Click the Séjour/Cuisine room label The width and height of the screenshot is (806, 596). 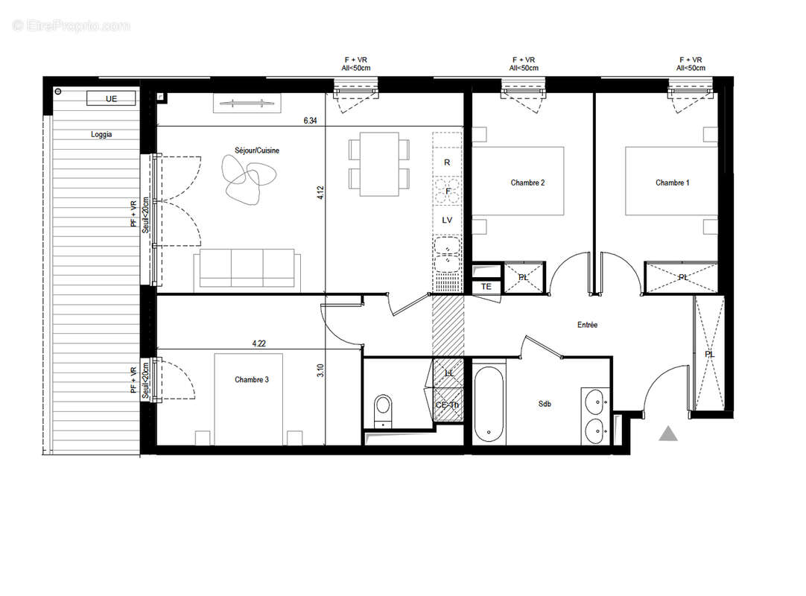pyautogui.click(x=255, y=150)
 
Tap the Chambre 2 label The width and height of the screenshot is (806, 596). pyautogui.click(x=527, y=183)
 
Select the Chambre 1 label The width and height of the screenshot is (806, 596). pyautogui.click(x=672, y=183)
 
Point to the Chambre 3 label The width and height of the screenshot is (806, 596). pyautogui.click(x=252, y=380)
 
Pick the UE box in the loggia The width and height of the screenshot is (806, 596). pyautogui.click(x=112, y=98)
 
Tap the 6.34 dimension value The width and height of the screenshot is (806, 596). pyautogui.click(x=311, y=119)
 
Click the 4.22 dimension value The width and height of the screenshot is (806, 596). pyautogui.click(x=258, y=343)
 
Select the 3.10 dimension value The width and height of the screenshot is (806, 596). pyautogui.click(x=320, y=370)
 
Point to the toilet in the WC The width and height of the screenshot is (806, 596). pyautogui.click(x=383, y=408)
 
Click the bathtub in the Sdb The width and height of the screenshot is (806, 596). pyautogui.click(x=489, y=402)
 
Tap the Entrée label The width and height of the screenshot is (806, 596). pyautogui.click(x=587, y=325)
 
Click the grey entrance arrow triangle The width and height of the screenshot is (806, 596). pyautogui.click(x=668, y=434)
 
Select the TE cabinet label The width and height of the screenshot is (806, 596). pyautogui.click(x=486, y=287)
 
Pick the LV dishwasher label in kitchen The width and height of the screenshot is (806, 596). pyautogui.click(x=448, y=220)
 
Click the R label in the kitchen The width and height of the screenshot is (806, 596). pyautogui.click(x=447, y=162)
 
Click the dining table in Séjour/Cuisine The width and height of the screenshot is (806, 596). pyautogui.click(x=378, y=164)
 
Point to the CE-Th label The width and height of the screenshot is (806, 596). pyautogui.click(x=448, y=405)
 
